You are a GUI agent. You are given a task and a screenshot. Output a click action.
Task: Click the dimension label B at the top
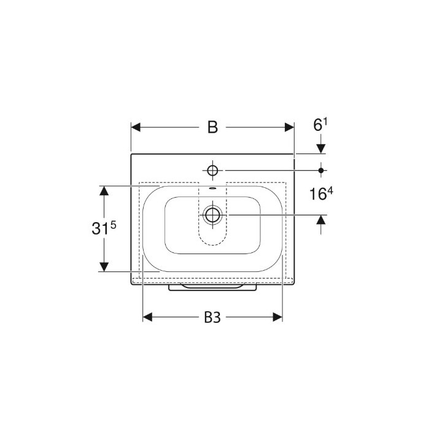click(x=212, y=127)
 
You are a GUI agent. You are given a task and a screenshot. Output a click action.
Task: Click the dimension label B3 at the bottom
click(x=212, y=318)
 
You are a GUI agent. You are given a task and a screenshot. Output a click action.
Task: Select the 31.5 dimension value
click(x=104, y=227)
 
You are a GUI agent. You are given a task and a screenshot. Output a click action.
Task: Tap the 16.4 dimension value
click(x=321, y=193)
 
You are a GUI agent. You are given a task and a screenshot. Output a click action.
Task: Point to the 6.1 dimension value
click(x=320, y=125)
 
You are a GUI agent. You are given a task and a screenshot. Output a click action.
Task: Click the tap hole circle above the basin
click(x=212, y=171)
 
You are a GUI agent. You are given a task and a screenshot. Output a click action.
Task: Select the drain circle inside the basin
click(x=212, y=215)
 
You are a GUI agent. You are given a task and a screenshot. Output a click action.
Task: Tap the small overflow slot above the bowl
click(x=212, y=188)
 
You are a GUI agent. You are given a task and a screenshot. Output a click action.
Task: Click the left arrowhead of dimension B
click(x=136, y=127)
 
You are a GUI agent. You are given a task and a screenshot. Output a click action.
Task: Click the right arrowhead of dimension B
click(x=290, y=127)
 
